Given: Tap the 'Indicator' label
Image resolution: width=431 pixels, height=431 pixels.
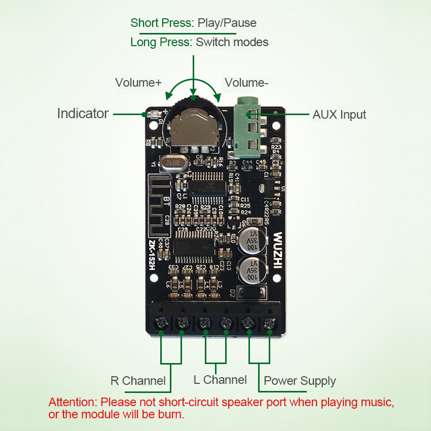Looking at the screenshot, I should [83, 114].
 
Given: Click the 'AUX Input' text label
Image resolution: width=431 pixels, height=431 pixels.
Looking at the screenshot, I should [339, 115].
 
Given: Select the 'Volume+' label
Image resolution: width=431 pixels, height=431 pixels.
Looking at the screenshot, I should [138, 83].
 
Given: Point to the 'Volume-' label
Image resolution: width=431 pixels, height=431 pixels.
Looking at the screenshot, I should [246, 83].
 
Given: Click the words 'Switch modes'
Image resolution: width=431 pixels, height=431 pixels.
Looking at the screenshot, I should [232, 42].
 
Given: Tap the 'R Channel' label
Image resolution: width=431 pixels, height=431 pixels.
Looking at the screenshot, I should [138, 381].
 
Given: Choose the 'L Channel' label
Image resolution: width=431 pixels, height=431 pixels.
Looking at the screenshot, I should [220, 380].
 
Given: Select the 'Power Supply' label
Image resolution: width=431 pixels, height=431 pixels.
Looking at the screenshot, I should [300, 381].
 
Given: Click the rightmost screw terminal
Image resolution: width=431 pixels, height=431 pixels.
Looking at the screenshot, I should [269, 322].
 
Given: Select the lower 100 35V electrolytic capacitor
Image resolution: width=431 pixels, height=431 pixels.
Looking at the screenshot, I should [252, 270].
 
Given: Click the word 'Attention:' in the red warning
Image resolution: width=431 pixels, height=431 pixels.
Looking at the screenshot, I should [72, 403].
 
